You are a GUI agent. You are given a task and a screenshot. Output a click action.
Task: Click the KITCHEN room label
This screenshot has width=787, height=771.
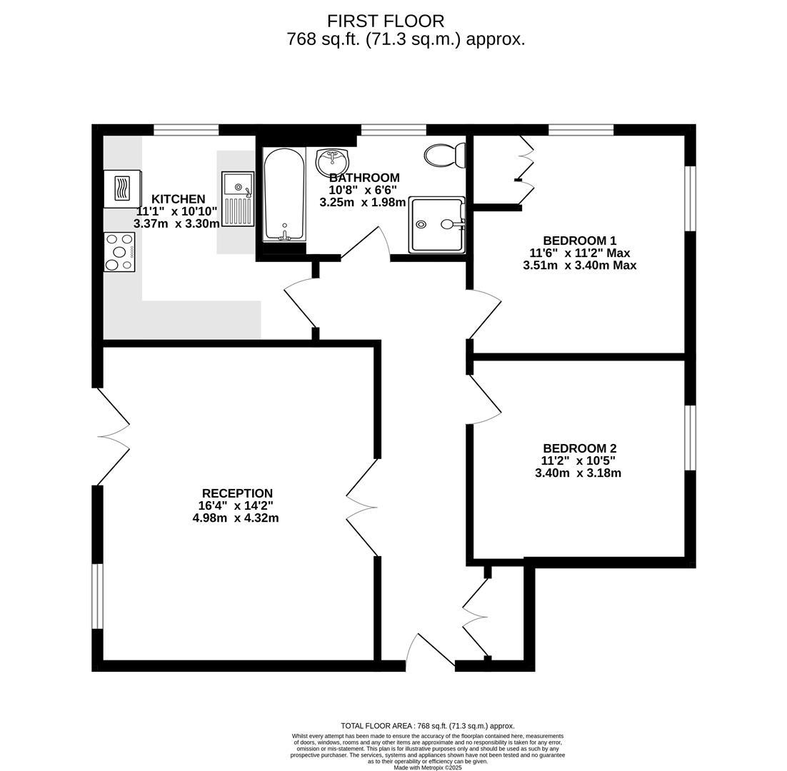178,199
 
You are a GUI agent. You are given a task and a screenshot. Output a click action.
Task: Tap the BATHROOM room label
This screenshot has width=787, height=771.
364,178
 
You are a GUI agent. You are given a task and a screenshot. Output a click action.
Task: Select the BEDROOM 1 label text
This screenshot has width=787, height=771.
579,241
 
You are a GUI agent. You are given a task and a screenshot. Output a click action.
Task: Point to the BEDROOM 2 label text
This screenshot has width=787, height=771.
578,448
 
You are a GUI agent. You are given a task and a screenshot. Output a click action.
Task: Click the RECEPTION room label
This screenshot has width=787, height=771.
237,493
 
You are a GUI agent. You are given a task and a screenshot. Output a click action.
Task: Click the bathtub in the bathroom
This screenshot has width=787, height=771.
284,193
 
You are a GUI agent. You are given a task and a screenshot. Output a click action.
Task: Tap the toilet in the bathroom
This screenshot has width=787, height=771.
444,155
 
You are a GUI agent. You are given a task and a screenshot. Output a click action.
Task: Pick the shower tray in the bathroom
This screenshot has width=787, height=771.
436,224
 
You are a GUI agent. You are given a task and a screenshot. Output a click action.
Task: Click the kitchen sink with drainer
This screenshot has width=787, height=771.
238,199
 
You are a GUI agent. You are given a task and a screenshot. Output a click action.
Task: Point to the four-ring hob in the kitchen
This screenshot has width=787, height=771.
119,252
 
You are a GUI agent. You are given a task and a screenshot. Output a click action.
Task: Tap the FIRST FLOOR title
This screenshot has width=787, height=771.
386,21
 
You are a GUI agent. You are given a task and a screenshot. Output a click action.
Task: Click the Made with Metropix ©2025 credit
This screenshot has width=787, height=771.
427,767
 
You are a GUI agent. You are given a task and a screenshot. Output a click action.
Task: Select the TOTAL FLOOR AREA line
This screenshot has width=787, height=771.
427,726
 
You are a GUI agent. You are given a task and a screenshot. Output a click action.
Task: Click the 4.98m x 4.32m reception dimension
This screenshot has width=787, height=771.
236,518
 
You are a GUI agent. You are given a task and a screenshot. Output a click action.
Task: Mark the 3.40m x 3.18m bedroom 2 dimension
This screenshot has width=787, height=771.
578,473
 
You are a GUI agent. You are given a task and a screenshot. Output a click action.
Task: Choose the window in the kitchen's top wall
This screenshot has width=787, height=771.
186,130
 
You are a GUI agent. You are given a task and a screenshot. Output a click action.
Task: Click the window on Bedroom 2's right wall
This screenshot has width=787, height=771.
690,438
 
